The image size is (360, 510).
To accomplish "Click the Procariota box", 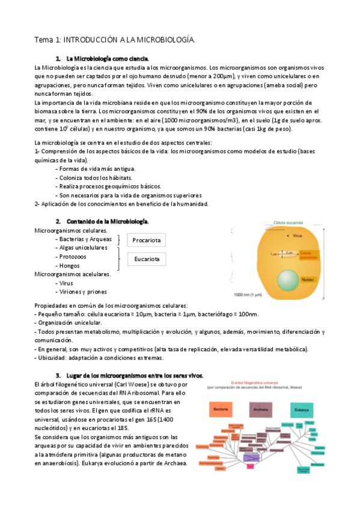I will pos(146,241).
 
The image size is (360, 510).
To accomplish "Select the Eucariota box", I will pos(146,259).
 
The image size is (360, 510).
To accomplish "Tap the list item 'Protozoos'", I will pos(73,256).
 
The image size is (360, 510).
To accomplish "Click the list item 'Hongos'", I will pos(69,265).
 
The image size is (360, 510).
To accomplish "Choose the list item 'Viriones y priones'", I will pos(82,292).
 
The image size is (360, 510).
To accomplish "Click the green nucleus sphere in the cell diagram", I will pos(290,280).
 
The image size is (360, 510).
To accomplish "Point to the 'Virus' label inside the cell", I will pos(298,236).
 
